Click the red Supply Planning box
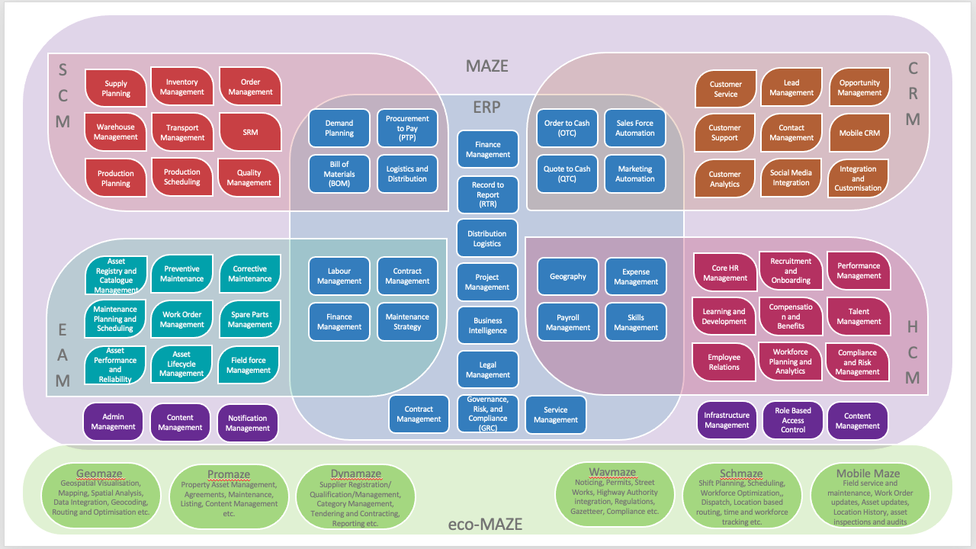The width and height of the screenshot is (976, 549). click(116, 88)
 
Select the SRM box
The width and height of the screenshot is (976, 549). click(250, 132)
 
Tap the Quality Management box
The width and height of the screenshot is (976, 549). click(249, 178)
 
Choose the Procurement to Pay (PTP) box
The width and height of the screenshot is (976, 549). click(407, 128)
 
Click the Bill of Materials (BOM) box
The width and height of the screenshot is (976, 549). click(339, 174)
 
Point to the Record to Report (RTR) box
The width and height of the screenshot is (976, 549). click(487, 194)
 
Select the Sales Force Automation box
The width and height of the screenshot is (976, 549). click(635, 128)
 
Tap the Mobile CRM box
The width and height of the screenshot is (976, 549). click(859, 133)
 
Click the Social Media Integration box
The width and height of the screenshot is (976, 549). click(791, 178)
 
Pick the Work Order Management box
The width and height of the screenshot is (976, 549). click(181, 319)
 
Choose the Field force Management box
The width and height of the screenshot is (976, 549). click(249, 365)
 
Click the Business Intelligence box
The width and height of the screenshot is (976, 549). click(487, 326)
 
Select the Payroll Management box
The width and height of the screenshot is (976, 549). click(568, 323)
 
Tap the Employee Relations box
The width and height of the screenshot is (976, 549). click(724, 362)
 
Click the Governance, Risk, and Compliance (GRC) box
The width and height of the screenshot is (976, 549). click(487, 413)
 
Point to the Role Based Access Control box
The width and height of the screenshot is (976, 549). click(792, 420)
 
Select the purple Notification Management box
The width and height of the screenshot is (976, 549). click(248, 423)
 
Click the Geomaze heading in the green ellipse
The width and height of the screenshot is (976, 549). click(99, 474)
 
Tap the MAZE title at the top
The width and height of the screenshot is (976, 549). click(486, 66)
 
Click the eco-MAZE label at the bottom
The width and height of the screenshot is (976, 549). click(485, 524)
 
